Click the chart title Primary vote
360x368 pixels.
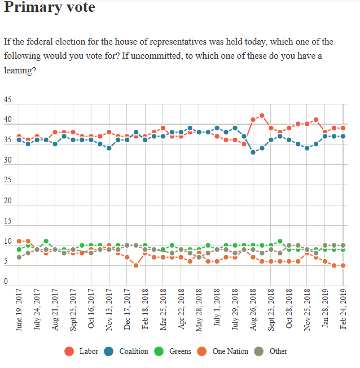point(50,8)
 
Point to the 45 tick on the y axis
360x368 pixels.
point(7,100)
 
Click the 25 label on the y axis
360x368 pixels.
point(7,181)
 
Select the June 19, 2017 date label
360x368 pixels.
point(19,312)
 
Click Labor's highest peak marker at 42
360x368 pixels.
point(262,116)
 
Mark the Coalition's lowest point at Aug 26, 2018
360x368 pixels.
point(253,152)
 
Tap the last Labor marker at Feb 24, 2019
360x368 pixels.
point(343,128)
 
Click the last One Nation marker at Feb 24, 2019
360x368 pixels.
point(343,265)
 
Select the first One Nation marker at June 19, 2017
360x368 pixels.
point(19,241)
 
